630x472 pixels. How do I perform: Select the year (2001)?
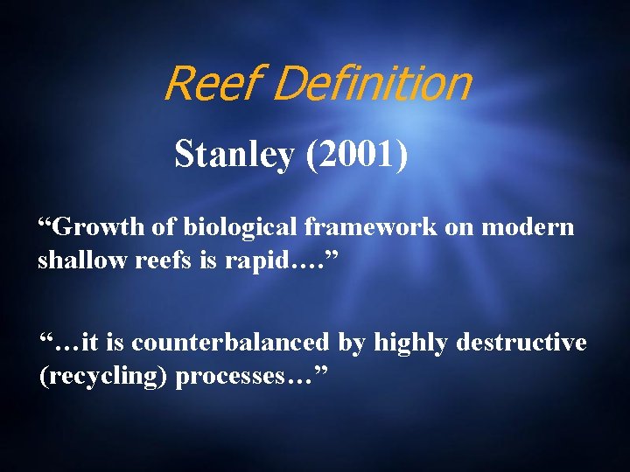point(354,155)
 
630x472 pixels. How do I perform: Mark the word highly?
point(412,343)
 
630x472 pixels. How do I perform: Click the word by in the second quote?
point(352,343)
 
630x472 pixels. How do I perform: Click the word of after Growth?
point(166,228)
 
